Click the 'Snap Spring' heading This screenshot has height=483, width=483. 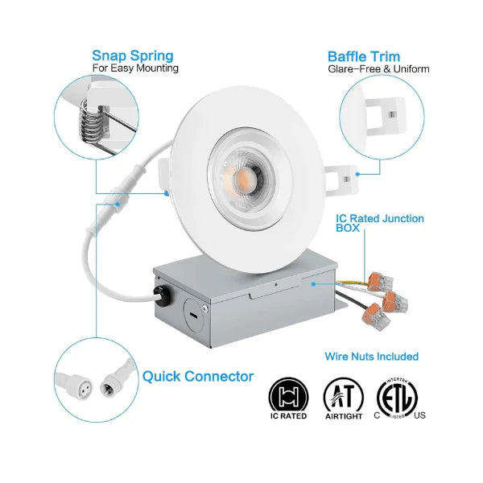[x=132, y=56]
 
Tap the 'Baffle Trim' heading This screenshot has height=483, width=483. [x=364, y=56]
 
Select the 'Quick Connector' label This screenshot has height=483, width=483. [x=198, y=375]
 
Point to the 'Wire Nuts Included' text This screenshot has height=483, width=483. [x=371, y=356]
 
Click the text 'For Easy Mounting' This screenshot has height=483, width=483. [x=135, y=68]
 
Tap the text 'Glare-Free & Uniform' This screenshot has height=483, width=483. [x=378, y=69]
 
